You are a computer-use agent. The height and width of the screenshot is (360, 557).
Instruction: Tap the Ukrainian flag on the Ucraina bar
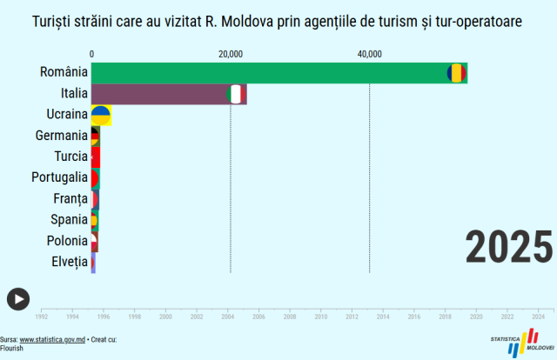(101, 115)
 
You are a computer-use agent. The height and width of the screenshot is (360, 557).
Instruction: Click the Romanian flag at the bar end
(456, 73)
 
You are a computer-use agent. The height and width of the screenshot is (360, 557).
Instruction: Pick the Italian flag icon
(236, 94)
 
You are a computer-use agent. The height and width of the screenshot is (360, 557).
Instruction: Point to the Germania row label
(61, 136)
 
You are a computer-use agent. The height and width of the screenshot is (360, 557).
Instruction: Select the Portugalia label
(57, 177)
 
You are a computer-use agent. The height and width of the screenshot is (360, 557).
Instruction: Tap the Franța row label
(70, 199)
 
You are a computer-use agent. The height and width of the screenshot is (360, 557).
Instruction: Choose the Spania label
(68, 220)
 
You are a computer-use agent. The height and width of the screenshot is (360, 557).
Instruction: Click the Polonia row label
(66, 241)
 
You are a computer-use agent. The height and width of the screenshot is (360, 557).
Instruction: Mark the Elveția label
(69, 262)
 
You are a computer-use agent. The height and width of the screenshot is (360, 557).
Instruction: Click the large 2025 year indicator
(509, 247)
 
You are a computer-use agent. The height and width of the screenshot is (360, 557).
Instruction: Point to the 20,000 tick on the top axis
(230, 54)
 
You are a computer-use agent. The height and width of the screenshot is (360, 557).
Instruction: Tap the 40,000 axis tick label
(369, 54)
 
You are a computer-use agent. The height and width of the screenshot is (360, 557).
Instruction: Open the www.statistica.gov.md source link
(52, 340)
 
